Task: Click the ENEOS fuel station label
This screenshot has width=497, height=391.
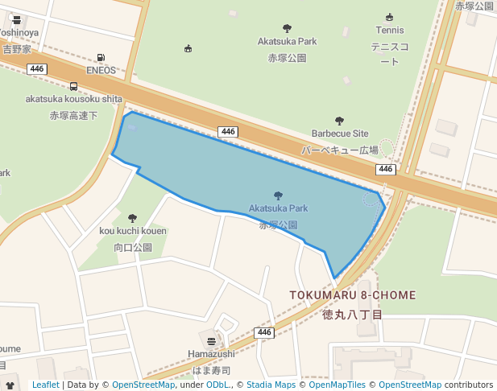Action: click(x=101, y=70)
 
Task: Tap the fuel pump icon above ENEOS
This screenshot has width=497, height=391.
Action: click(x=101, y=58)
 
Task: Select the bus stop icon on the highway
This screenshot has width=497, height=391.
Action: click(x=74, y=87)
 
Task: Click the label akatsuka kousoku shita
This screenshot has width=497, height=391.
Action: click(x=73, y=99)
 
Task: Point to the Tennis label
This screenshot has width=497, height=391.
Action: click(x=390, y=31)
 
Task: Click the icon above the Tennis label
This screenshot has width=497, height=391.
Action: click(x=390, y=18)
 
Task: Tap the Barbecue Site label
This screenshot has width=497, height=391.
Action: click(x=340, y=134)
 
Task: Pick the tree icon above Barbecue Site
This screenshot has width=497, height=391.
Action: click(x=339, y=121)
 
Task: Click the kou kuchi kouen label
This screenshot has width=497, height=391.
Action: click(x=133, y=232)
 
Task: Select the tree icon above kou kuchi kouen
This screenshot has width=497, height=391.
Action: click(x=133, y=218)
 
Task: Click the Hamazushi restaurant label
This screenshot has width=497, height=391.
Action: click(x=211, y=354)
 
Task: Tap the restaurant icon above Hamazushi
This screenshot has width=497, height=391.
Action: click(x=211, y=341)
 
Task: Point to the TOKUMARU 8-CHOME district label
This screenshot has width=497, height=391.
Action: click(x=353, y=296)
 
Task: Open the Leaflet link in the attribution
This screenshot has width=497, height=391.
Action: click(x=45, y=385)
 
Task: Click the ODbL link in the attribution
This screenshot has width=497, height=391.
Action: click(x=217, y=385)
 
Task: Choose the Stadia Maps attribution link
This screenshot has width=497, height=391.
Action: click(x=271, y=385)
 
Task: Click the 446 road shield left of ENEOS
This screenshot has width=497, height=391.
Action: click(x=36, y=69)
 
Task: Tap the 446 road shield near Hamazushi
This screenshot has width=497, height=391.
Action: click(x=264, y=332)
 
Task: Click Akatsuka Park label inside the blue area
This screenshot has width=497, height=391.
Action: click(x=278, y=208)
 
